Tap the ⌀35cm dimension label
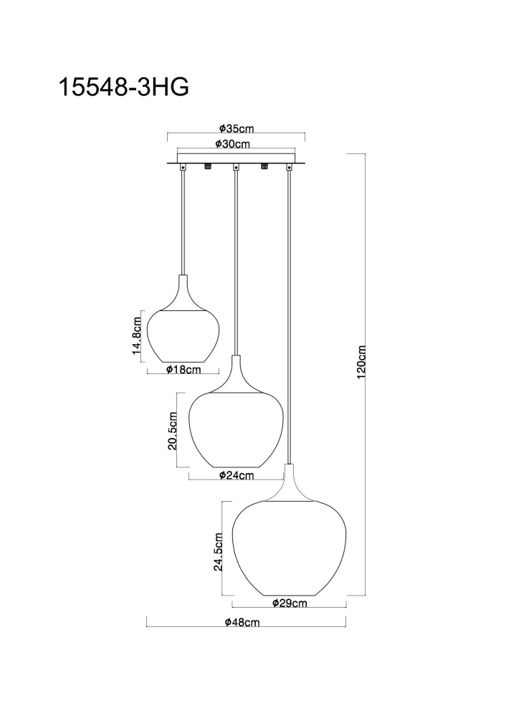click(237, 129)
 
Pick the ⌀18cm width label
click(182, 370)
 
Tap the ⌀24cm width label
click(237, 475)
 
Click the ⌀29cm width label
click(290, 603)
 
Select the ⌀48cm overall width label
click(242, 623)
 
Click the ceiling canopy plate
click(236, 158)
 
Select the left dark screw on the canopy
click(209, 167)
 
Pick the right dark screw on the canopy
click(264, 167)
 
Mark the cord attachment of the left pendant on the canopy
click(183, 168)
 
